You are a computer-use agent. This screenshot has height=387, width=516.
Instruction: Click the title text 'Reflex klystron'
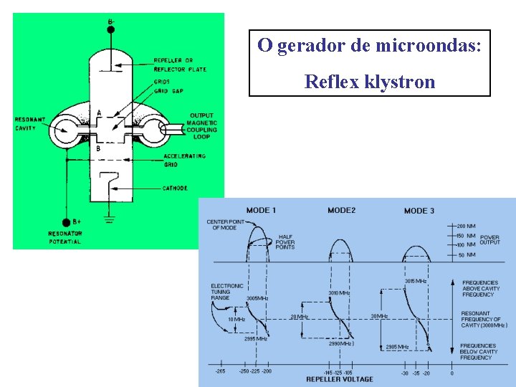tap(369, 82)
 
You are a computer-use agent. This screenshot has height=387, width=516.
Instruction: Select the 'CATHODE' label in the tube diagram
tap(175, 188)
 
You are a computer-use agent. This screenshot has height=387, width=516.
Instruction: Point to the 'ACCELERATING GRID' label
tap(185, 160)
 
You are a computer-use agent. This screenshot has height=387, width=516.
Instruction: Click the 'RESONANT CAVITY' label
tap(29, 123)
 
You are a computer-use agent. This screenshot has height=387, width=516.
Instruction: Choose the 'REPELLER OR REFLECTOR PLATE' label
tap(178, 64)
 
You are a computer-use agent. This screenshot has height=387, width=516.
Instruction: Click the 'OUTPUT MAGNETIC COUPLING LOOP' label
tap(201, 126)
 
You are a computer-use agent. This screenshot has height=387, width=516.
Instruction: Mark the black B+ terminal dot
tap(67, 222)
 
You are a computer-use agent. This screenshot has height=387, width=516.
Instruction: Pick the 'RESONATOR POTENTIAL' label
tap(65, 238)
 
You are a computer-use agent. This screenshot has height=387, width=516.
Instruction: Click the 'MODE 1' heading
tap(261, 210)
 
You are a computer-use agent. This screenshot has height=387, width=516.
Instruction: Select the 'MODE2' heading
tap(341, 210)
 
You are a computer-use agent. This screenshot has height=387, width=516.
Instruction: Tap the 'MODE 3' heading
tap(419, 211)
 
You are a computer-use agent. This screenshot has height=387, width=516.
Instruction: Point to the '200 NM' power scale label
tap(467, 226)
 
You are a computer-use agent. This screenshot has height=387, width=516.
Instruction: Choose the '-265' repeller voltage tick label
tap(221, 371)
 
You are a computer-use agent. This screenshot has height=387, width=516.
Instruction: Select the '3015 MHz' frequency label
tap(416, 282)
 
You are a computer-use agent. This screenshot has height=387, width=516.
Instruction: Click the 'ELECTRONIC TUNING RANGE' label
tap(226, 292)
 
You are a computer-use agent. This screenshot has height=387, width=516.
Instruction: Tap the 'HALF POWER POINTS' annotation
tap(285, 241)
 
